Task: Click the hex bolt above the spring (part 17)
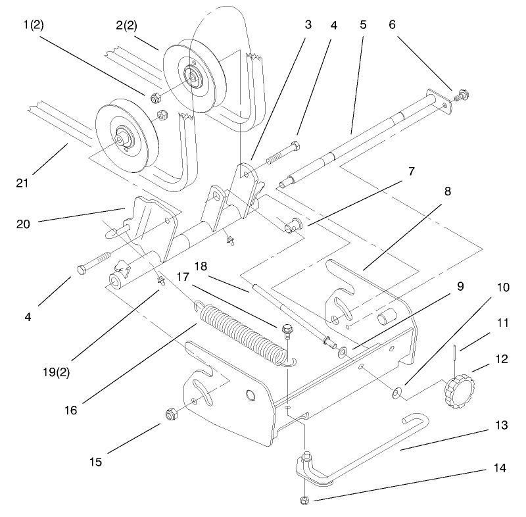coord(286,328)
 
